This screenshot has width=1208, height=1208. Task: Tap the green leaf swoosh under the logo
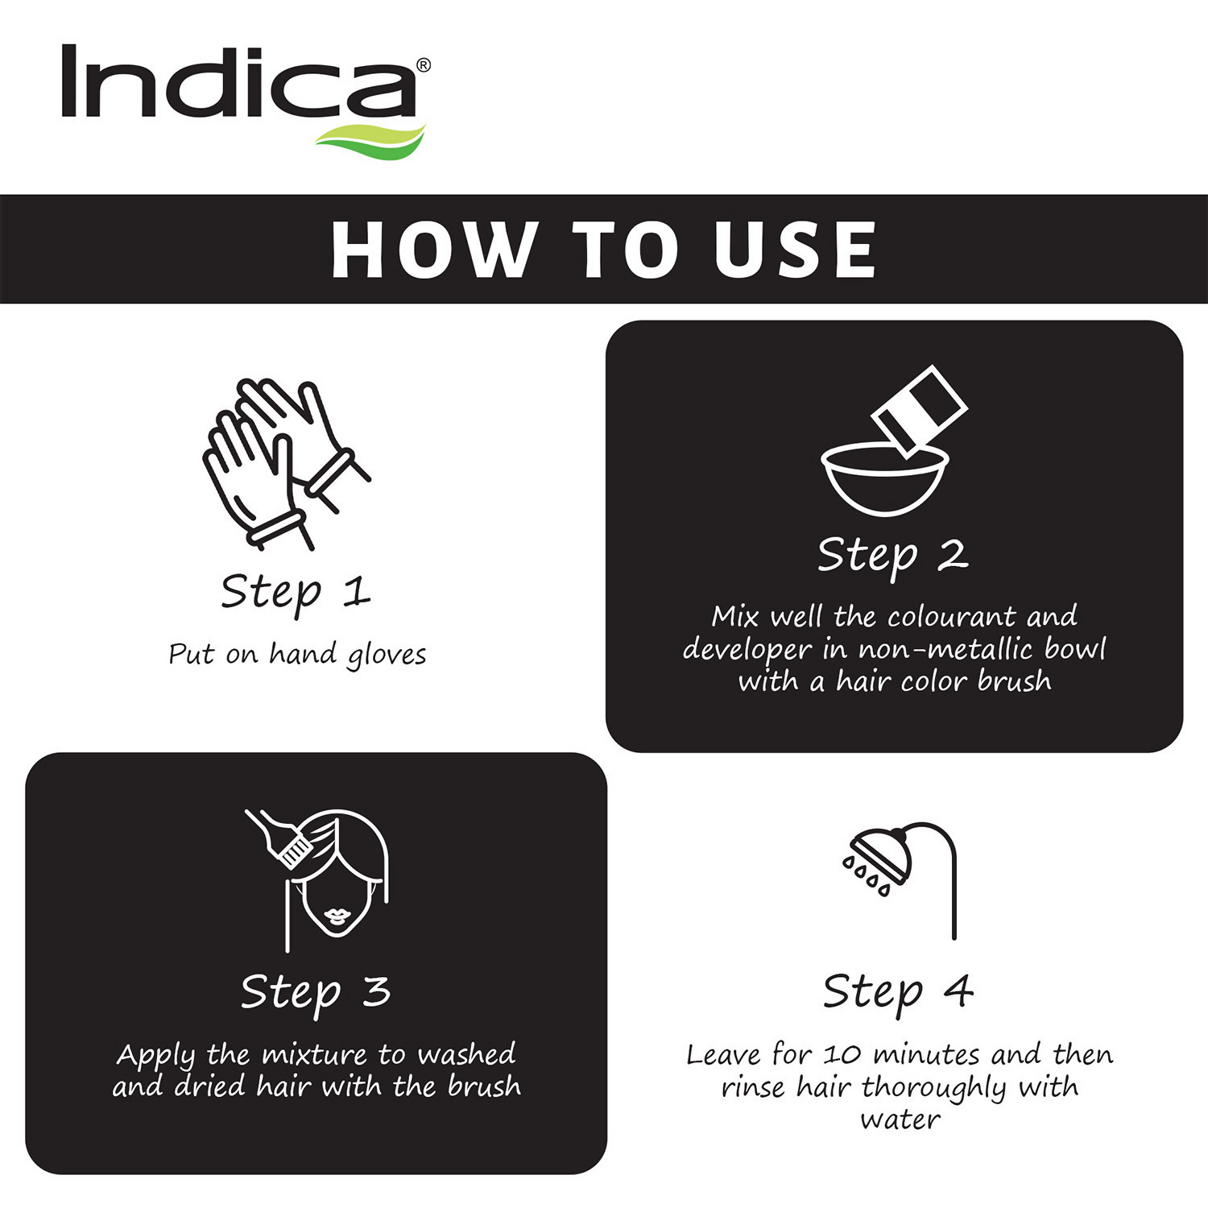pos(370,138)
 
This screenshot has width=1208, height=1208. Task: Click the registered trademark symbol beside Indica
pos(424,65)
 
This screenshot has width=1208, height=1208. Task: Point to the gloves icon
pos(286,464)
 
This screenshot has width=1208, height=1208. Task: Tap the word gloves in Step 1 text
pos(387,656)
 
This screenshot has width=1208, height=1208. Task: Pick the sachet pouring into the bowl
pos(920,409)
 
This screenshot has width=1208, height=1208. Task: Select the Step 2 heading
pos(892,556)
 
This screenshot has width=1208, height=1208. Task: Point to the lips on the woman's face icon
pos(337,916)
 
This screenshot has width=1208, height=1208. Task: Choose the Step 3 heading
pos(316,992)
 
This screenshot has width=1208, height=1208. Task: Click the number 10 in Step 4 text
pos(842,1055)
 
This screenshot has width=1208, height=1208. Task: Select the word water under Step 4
pos(900,1119)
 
